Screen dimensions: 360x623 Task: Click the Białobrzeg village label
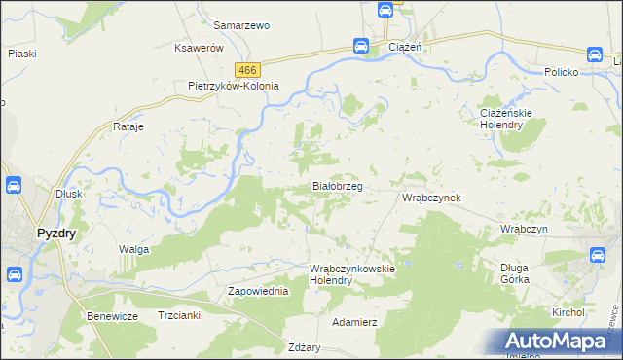coord(337,185)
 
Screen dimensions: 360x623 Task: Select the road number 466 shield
coord(247,68)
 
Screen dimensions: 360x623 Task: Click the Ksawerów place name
coord(199,48)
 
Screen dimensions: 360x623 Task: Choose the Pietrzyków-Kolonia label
coord(234,86)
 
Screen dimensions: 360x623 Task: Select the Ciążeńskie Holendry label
coord(505,118)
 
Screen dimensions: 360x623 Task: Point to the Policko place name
coord(562,73)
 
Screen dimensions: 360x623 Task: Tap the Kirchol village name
coord(567,312)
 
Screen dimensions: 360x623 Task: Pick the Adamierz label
coord(354,321)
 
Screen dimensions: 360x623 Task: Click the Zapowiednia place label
coord(258,291)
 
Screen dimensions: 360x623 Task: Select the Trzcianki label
coord(179,315)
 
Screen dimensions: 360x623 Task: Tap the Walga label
coord(133,250)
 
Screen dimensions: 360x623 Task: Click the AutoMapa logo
coord(558,341)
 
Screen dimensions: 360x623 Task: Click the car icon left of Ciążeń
coord(360,45)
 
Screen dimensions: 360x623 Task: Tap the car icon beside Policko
coord(596,54)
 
